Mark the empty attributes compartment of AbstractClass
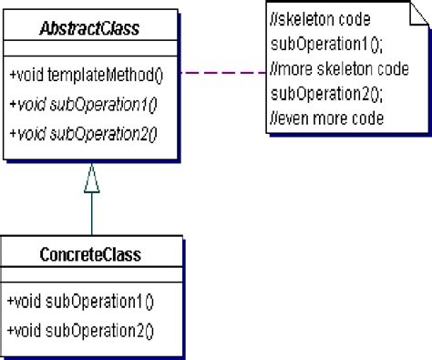tap(91, 47)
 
